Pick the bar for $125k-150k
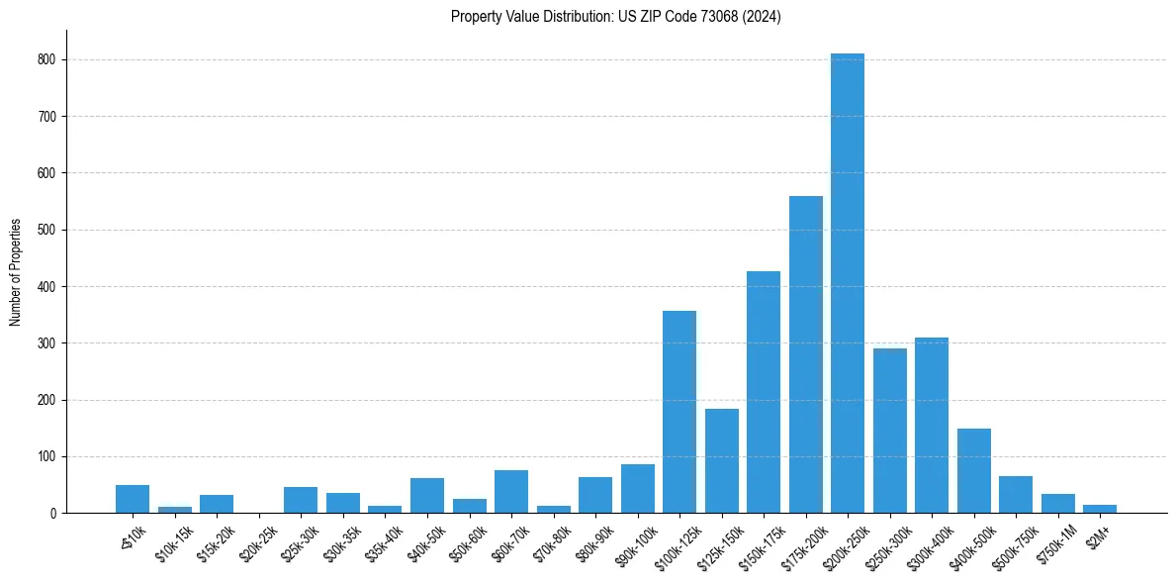[721, 461]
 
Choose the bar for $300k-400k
[932, 426]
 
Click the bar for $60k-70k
[511, 492]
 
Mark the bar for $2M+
[1100, 509]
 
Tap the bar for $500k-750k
[1016, 495]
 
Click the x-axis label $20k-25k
[260, 538]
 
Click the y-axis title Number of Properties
[16, 271]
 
